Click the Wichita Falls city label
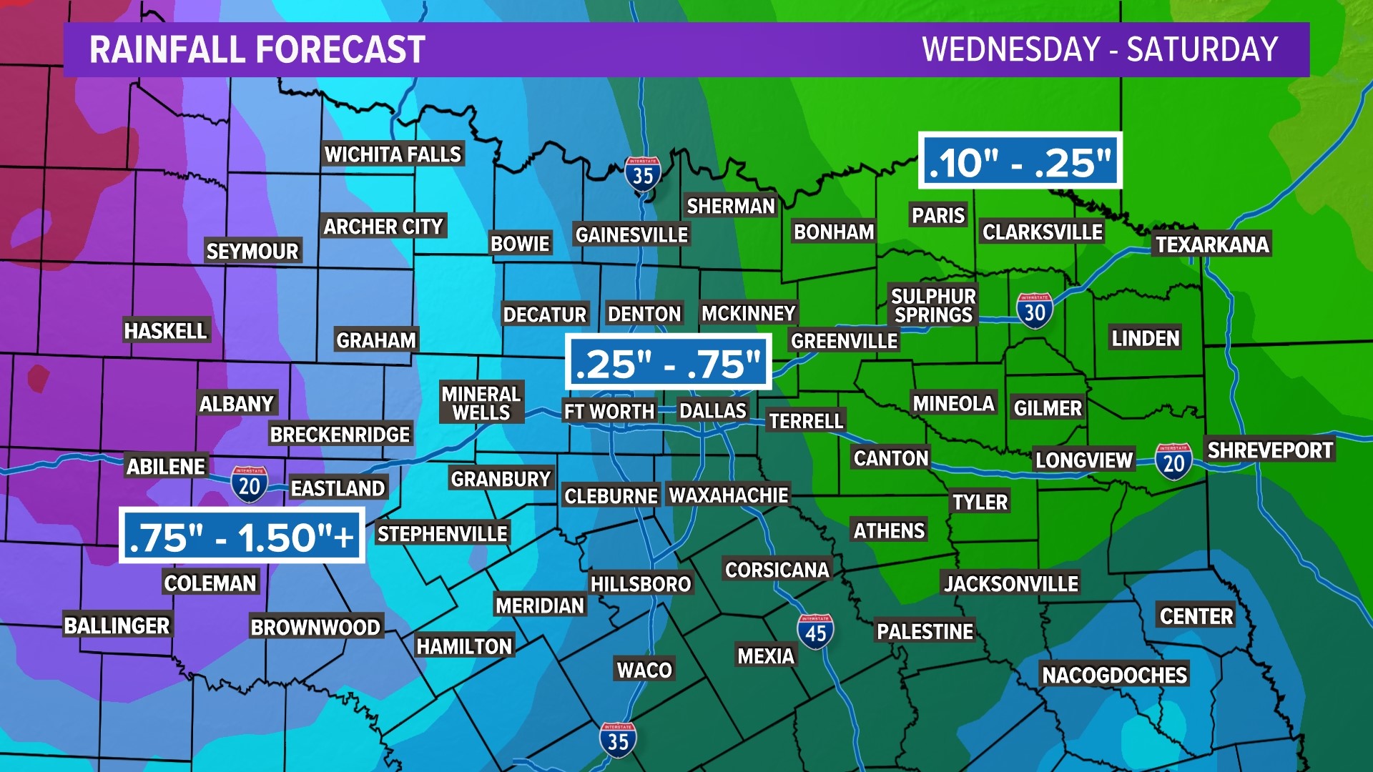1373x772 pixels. click(x=393, y=154)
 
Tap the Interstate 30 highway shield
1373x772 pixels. click(x=1034, y=311)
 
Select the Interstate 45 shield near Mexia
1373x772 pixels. click(x=815, y=632)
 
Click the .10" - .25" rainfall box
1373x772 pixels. click(x=1020, y=162)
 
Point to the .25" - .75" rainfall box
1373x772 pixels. click(x=668, y=362)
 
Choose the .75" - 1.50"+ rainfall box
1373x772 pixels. click(x=242, y=536)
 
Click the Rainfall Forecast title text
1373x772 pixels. click(x=257, y=50)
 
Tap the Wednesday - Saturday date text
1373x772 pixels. click(x=1100, y=50)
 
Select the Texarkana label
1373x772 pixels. click(x=1212, y=244)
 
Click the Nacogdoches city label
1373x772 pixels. click(x=1114, y=675)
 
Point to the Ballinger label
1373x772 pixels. click(x=117, y=625)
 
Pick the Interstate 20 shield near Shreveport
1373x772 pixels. click(x=1173, y=462)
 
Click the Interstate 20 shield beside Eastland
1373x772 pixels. click(x=249, y=485)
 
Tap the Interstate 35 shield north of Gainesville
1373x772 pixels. click(x=642, y=174)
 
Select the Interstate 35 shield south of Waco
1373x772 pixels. click(x=618, y=740)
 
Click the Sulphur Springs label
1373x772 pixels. click(x=933, y=306)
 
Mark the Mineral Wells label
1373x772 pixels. click(x=481, y=403)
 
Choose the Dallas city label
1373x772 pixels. click(x=713, y=411)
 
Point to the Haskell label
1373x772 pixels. click(x=165, y=331)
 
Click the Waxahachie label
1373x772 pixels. click(x=729, y=495)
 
